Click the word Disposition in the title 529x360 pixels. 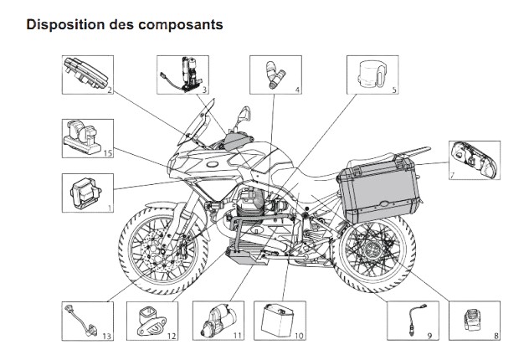click(64, 24)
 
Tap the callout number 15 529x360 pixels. click(108, 153)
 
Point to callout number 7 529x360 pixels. click(450, 177)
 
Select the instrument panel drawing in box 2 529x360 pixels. click(84, 72)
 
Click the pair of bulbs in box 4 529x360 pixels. click(275, 73)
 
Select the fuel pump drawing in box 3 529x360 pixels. click(183, 72)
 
